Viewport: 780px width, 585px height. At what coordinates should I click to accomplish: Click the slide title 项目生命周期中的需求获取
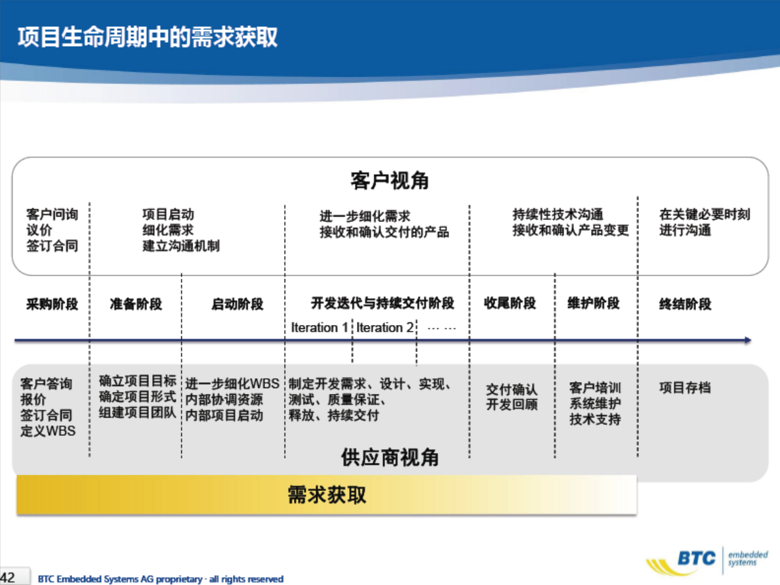(147, 37)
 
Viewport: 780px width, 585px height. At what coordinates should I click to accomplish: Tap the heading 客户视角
(390, 181)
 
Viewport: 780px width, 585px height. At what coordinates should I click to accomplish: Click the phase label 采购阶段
(52, 304)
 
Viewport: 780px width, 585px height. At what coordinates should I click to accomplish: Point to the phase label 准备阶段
(136, 304)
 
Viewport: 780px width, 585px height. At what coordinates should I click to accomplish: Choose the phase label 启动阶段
(237, 304)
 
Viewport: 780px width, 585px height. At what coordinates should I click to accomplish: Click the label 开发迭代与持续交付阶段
(382, 303)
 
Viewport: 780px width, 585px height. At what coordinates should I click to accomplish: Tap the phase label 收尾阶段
(510, 303)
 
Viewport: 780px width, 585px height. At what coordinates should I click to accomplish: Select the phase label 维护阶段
(594, 303)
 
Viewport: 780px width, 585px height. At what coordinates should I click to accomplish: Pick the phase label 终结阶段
(685, 304)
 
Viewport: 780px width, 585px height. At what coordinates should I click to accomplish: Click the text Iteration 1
(319, 328)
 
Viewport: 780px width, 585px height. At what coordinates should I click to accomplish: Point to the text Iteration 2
(384, 328)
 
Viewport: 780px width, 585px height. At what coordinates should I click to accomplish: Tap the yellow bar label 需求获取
(327, 495)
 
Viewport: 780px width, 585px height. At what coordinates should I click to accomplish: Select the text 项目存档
(685, 387)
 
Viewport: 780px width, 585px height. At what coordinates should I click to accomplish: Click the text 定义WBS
(48, 431)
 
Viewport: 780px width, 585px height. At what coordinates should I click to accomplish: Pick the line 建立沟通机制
(181, 246)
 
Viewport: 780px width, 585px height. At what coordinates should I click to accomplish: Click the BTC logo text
(697, 558)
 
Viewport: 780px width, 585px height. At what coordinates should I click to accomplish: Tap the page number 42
(7, 578)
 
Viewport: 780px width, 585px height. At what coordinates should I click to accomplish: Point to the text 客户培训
(595, 387)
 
